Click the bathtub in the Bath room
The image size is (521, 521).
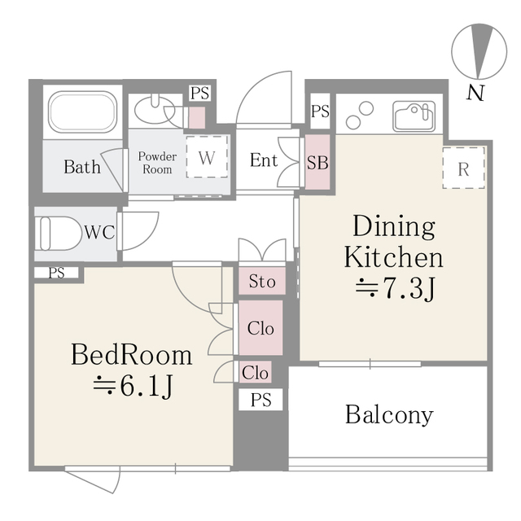[x=82, y=112]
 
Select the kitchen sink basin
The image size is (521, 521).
[x=414, y=116]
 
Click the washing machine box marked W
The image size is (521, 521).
[x=207, y=156]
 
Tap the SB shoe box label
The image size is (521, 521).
[x=317, y=163]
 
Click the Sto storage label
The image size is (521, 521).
[x=262, y=282]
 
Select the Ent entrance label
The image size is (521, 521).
[x=264, y=160]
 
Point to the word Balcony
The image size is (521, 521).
[x=389, y=414]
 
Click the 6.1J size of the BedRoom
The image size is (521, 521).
[x=147, y=387]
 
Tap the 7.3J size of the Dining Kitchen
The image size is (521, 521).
[x=409, y=288]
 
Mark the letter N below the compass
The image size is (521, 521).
[x=475, y=93]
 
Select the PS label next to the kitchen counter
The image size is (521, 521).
[x=320, y=112]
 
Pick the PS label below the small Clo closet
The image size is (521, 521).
[x=260, y=400]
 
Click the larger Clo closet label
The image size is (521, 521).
[x=260, y=329]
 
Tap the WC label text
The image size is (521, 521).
[x=99, y=232]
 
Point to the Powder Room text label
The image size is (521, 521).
[x=157, y=163]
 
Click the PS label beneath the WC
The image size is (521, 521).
[x=56, y=274]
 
